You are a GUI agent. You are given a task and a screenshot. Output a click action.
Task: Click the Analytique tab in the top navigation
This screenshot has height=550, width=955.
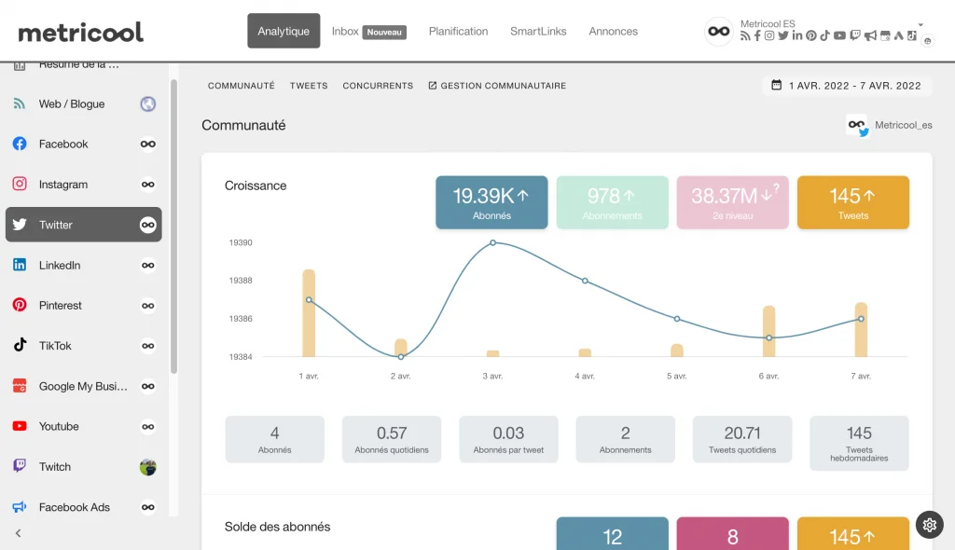284,31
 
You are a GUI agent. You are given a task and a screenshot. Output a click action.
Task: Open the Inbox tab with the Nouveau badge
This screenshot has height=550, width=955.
367,31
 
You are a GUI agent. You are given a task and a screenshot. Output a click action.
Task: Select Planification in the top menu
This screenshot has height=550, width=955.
458,31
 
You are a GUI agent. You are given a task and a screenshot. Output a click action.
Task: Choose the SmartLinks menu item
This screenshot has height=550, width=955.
538,31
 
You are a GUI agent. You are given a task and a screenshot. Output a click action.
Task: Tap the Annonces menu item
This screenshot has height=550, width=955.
613,31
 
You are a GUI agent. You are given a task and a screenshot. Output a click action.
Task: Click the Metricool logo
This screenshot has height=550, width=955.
81,32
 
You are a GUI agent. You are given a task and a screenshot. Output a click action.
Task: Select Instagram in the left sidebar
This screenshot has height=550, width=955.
63,185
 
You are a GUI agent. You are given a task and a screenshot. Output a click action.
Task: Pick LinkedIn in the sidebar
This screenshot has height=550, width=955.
60,265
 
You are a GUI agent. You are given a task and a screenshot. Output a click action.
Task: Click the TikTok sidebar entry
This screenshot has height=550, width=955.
55,346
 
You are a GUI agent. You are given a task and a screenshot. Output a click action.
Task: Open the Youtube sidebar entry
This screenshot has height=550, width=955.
59,426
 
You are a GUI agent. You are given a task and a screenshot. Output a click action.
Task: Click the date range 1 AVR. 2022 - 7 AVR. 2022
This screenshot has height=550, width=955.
847,86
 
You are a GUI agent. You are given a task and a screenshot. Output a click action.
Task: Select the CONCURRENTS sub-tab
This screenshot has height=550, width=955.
378,86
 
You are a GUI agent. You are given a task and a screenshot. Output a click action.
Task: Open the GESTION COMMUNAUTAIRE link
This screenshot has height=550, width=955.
497,86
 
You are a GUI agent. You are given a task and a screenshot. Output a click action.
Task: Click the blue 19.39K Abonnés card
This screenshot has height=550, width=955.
491,202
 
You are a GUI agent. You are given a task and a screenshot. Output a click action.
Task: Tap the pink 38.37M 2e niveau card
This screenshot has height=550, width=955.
732,202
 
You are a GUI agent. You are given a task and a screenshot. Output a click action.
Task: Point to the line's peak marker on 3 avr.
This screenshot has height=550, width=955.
493,242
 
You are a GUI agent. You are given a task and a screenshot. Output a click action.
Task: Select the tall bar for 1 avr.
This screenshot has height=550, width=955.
309,313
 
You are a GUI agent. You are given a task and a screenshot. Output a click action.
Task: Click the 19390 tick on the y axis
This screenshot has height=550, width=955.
241,242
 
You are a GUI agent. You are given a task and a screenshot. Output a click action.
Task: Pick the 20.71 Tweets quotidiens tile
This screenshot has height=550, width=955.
741,439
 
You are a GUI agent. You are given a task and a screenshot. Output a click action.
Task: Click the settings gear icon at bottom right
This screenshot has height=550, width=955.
929,525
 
